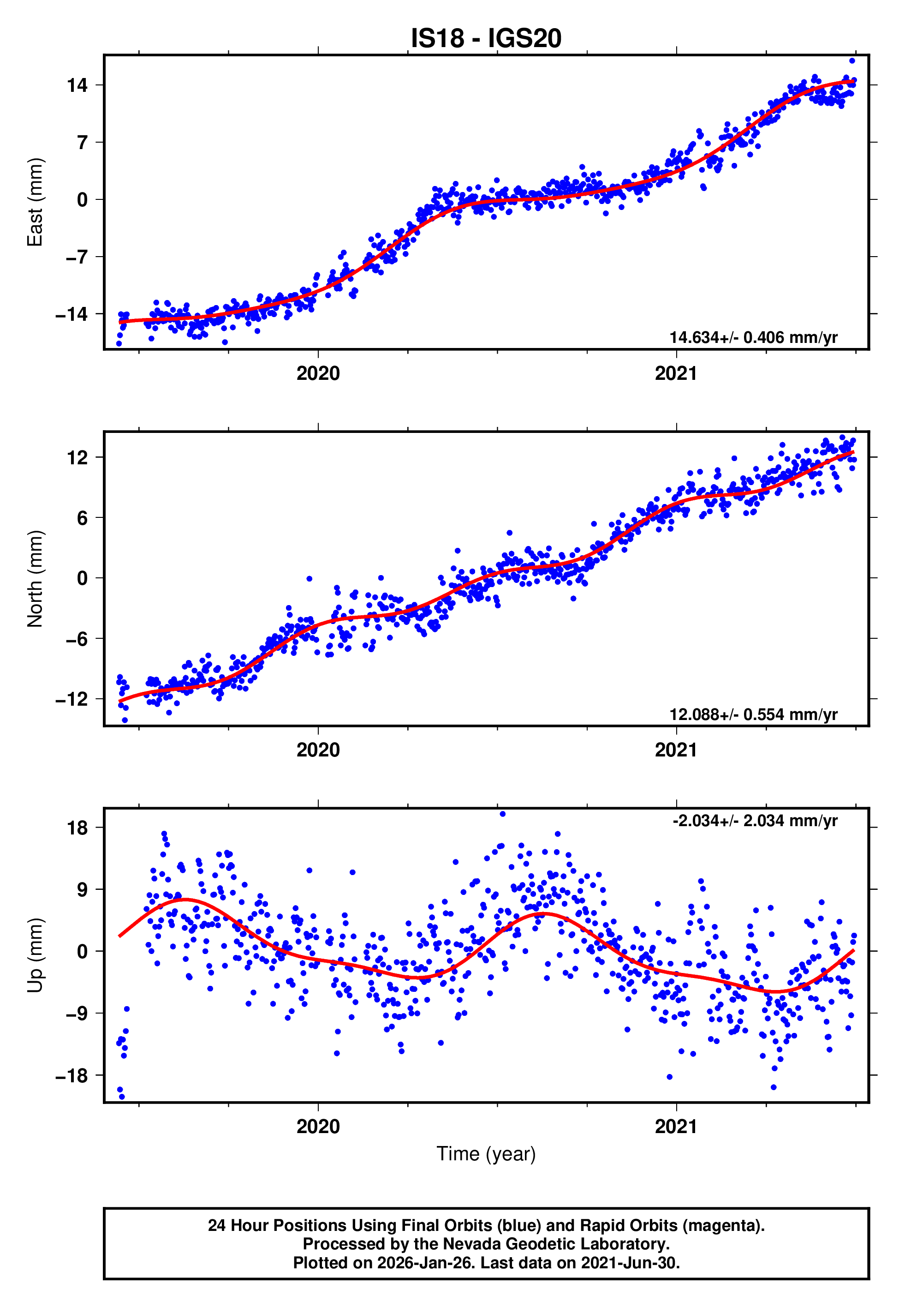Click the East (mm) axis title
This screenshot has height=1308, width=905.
(35, 202)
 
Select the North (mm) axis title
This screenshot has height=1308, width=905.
(35, 579)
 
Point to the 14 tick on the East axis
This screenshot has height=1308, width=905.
(77, 86)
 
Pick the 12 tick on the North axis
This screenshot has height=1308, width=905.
(77, 457)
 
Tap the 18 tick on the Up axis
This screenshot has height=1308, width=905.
(77, 828)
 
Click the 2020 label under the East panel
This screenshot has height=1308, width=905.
(318, 373)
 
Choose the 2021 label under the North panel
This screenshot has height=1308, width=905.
(676, 750)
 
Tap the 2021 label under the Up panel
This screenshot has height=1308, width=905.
(676, 1126)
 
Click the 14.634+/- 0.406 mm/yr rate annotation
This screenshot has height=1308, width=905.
(753, 337)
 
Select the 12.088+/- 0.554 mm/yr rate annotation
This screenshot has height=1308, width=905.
(753, 714)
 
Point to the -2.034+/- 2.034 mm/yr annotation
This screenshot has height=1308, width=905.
(755, 821)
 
